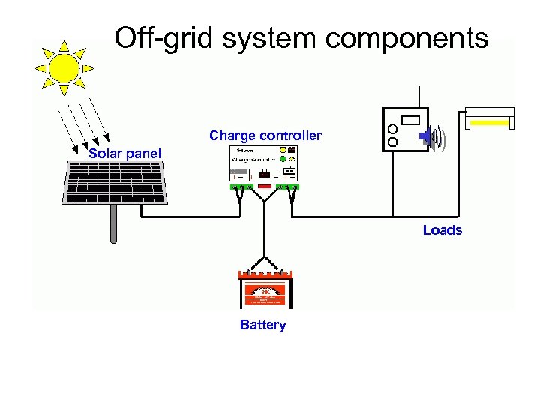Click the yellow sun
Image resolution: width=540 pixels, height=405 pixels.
coord(64,67)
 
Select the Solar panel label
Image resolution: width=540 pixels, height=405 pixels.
coord(124,154)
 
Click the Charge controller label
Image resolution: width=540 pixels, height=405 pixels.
coord(265,136)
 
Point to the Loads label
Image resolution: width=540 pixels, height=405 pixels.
coord(442,230)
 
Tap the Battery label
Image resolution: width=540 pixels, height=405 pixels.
coord(262,325)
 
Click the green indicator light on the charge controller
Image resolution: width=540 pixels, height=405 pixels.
coord(283,159)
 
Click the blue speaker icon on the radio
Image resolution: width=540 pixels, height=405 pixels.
coord(425,136)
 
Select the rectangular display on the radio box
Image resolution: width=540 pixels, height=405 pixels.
coord(409,119)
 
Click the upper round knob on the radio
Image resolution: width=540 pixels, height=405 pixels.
coord(392,128)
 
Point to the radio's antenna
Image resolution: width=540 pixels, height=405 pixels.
coord(418,96)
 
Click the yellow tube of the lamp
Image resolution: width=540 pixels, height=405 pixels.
coord(489,121)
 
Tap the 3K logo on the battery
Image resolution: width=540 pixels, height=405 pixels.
coord(265,292)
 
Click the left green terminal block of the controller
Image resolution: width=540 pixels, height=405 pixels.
coord(240,186)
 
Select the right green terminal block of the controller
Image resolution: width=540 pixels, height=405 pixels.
coord(288,186)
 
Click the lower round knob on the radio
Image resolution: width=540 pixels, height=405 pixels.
coord(392,141)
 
